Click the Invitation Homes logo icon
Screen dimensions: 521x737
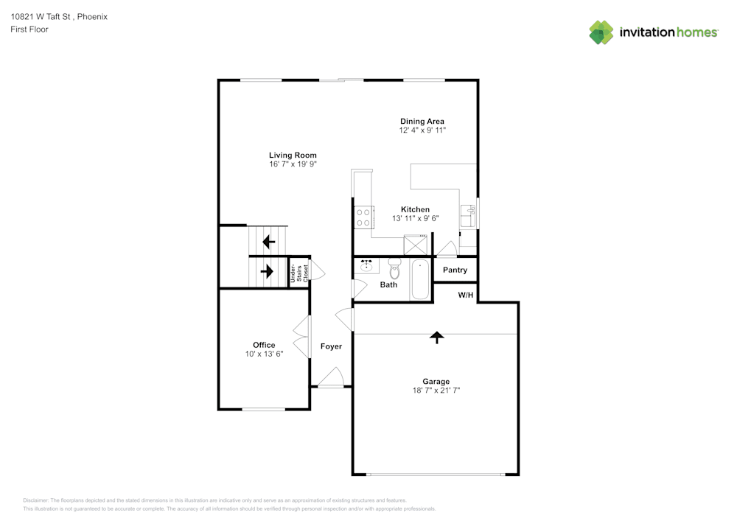[601, 32]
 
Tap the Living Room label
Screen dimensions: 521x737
[293, 155]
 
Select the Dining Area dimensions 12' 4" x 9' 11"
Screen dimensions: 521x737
[422, 130]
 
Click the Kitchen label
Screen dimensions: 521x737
[415, 209]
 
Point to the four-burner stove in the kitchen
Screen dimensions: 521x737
[363, 217]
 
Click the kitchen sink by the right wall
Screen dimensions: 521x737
[469, 216]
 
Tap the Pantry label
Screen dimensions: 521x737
[455, 270]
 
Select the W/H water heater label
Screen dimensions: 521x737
[466, 295]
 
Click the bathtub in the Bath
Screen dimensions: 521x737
[420, 280]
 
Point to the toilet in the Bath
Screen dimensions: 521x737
[394, 269]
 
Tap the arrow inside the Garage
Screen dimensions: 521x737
[437, 338]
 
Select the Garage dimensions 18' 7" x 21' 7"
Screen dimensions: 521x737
[436, 391]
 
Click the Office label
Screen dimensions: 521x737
[264, 345]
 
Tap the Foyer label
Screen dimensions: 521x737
[331, 346]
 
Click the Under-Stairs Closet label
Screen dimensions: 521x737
[297, 272]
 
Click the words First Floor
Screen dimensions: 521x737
[29, 29]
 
